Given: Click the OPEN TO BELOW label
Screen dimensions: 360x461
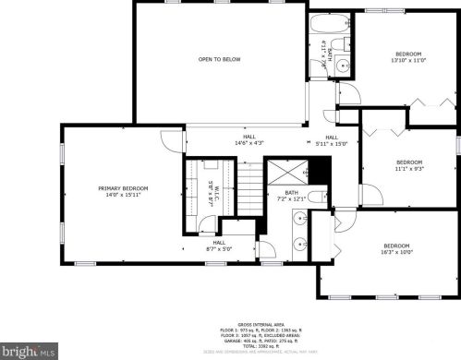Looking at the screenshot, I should pos(219,60).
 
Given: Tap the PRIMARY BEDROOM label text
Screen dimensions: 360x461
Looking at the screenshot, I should pos(123,187).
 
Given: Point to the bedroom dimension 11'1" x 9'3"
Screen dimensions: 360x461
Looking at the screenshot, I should pos(408,168).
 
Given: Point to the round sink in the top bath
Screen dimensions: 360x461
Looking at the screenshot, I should pos(341,65).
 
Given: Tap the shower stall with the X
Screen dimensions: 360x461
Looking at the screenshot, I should pos(286,171).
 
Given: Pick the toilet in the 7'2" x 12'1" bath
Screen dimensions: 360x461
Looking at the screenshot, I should pos(315,197).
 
